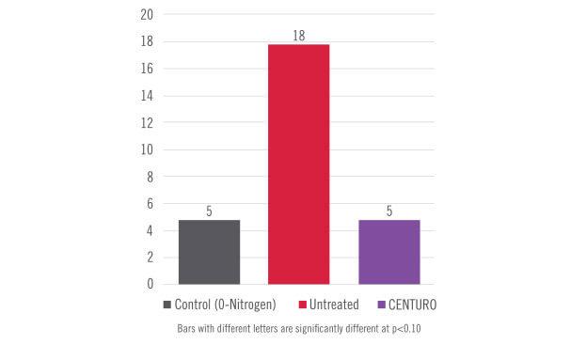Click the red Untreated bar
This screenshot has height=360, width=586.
(x=298, y=164)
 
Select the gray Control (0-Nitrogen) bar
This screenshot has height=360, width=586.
(x=209, y=251)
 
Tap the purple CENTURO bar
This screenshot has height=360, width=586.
(x=389, y=251)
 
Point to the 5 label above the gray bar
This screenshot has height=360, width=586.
(x=209, y=211)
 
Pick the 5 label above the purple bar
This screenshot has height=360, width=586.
(x=389, y=211)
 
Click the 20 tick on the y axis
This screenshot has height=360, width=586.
(x=146, y=14)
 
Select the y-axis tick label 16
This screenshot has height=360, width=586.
(x=146, y=69)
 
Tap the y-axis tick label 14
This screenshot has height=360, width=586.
(x=146, y=96)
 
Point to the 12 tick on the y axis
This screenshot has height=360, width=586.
(x=146, y=122)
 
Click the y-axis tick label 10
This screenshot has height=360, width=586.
(x=146, y=149)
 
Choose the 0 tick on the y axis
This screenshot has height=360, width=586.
(x=149, y=283)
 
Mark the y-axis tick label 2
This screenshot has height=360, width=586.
(x=149, y=257)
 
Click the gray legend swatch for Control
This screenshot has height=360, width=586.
(x=167, y=305)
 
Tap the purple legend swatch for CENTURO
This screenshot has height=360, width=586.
(x=380, y=305)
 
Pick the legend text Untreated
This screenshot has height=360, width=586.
(x=336, y=305)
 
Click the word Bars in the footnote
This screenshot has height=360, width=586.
(x=187, y=330)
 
